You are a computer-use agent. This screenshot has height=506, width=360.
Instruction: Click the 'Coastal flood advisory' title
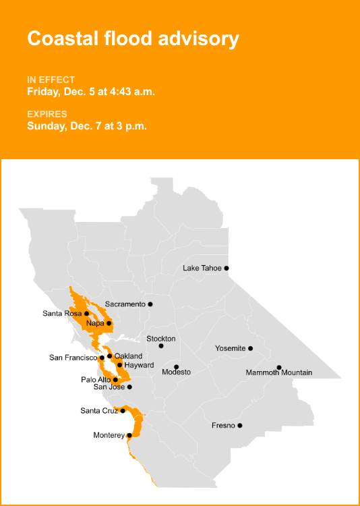click(133, 38)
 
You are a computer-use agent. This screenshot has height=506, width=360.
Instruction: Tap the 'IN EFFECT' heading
click(51, 80)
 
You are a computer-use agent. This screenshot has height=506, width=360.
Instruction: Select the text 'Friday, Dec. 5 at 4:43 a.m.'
click(91, 92)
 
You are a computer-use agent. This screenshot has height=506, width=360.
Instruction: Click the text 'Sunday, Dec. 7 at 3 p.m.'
click(87, 125)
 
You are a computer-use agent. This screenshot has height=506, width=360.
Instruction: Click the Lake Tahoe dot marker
click(227, 268)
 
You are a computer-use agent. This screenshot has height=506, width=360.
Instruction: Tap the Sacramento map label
click(125, 304)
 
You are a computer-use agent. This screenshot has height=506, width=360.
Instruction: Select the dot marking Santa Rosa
click(87, 313)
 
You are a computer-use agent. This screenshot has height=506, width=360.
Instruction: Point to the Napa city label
click(95, 323)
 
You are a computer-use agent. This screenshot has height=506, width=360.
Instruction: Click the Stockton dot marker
click(161, 346)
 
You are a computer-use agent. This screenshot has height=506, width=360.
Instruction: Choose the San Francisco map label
click(73, 358)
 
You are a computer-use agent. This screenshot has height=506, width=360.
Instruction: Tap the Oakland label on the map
click(128, 356)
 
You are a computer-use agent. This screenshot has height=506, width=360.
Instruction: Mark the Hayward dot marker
click(120, 365)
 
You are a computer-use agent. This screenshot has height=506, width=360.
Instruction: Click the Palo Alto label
click(96, 379)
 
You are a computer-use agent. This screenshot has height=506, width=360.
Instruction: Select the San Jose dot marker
click(129, 387)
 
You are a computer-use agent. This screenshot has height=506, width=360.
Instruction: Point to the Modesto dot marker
click(177, 367)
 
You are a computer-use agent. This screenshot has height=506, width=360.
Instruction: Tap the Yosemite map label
click(230, 348)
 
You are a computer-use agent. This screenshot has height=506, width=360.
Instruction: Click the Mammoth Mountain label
click(278, 372)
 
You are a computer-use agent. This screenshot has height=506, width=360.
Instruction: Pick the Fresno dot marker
click(240, 425)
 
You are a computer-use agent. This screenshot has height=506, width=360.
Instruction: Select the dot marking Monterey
click(129, 435)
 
